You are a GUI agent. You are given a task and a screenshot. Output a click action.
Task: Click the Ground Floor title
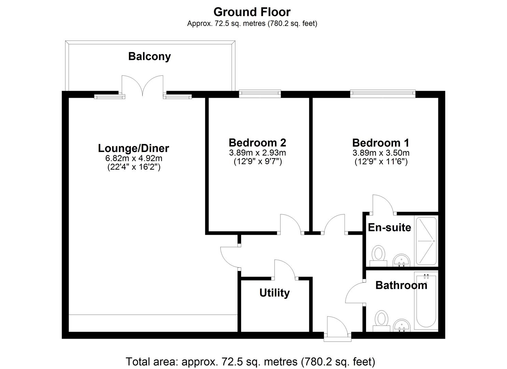252,12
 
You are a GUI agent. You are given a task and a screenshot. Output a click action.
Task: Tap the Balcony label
149,56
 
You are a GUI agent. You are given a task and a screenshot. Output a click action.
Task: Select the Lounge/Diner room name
133,148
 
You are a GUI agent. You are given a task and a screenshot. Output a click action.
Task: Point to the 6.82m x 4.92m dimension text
133,158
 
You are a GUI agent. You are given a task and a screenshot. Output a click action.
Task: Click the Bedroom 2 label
257,142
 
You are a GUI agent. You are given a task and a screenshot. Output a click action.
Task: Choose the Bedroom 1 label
381,142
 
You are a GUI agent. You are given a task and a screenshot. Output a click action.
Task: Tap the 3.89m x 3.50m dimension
381,153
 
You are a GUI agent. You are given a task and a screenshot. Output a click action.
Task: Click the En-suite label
389,228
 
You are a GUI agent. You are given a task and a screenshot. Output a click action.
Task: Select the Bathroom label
401,285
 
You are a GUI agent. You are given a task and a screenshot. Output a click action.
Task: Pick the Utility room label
274,293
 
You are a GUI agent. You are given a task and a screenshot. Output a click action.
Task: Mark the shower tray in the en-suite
426,241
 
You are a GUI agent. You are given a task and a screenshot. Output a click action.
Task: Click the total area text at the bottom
251,361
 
